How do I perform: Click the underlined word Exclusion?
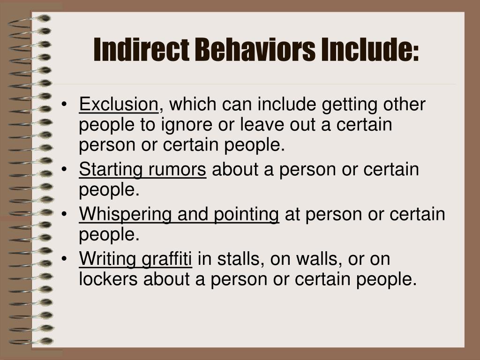click(x=119, y=104)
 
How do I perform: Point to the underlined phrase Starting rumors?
click(x=142, y=170)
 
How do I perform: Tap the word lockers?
click(x=109, y=279)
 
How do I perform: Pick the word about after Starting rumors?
click(x=235, y=170)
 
